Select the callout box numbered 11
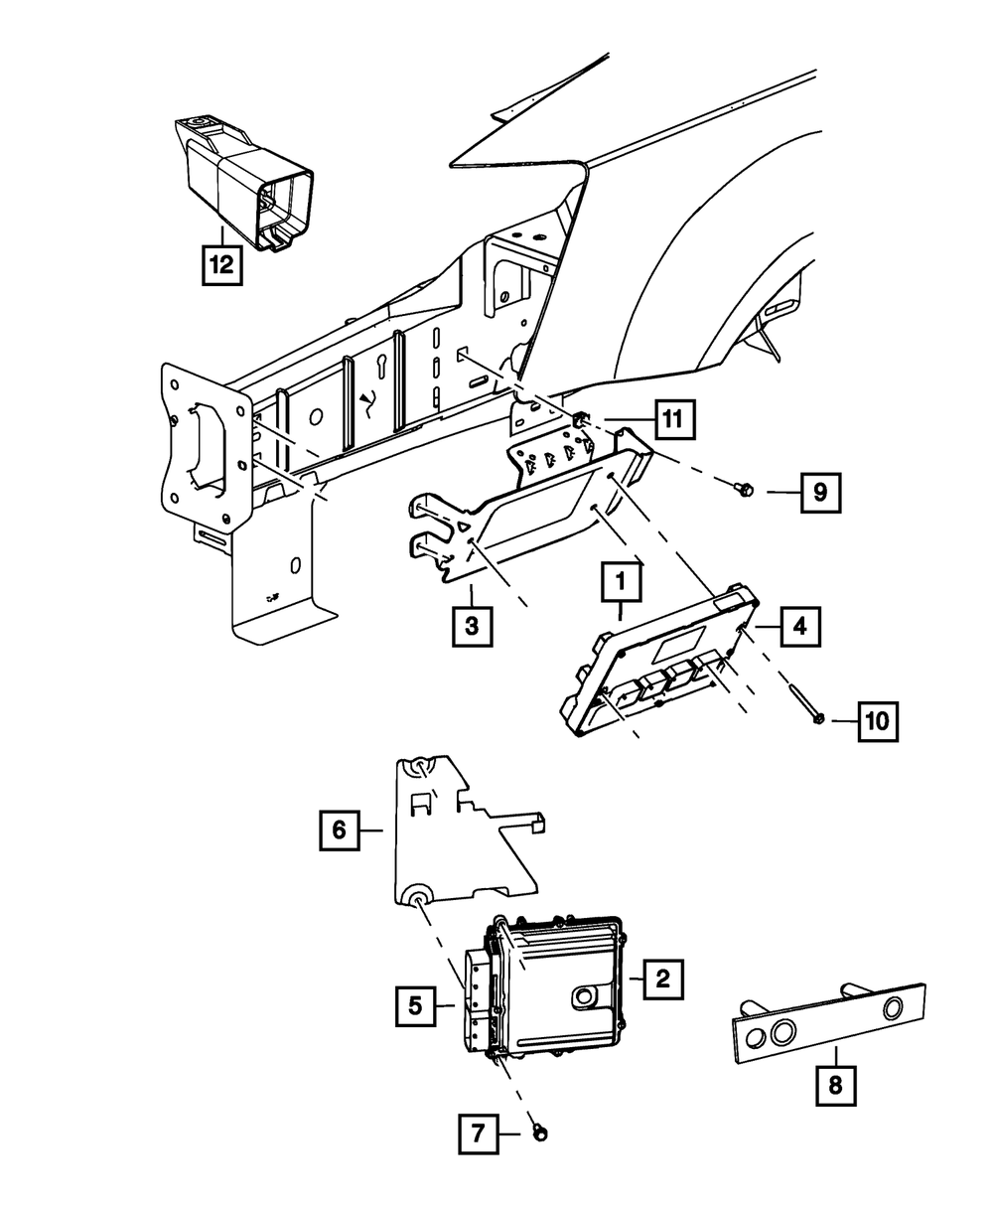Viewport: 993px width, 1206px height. click(673, 419)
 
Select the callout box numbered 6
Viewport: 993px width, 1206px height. click(340, 829)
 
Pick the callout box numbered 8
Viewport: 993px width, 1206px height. click(834, 1087)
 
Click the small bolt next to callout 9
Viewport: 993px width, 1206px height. click(745, 488)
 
